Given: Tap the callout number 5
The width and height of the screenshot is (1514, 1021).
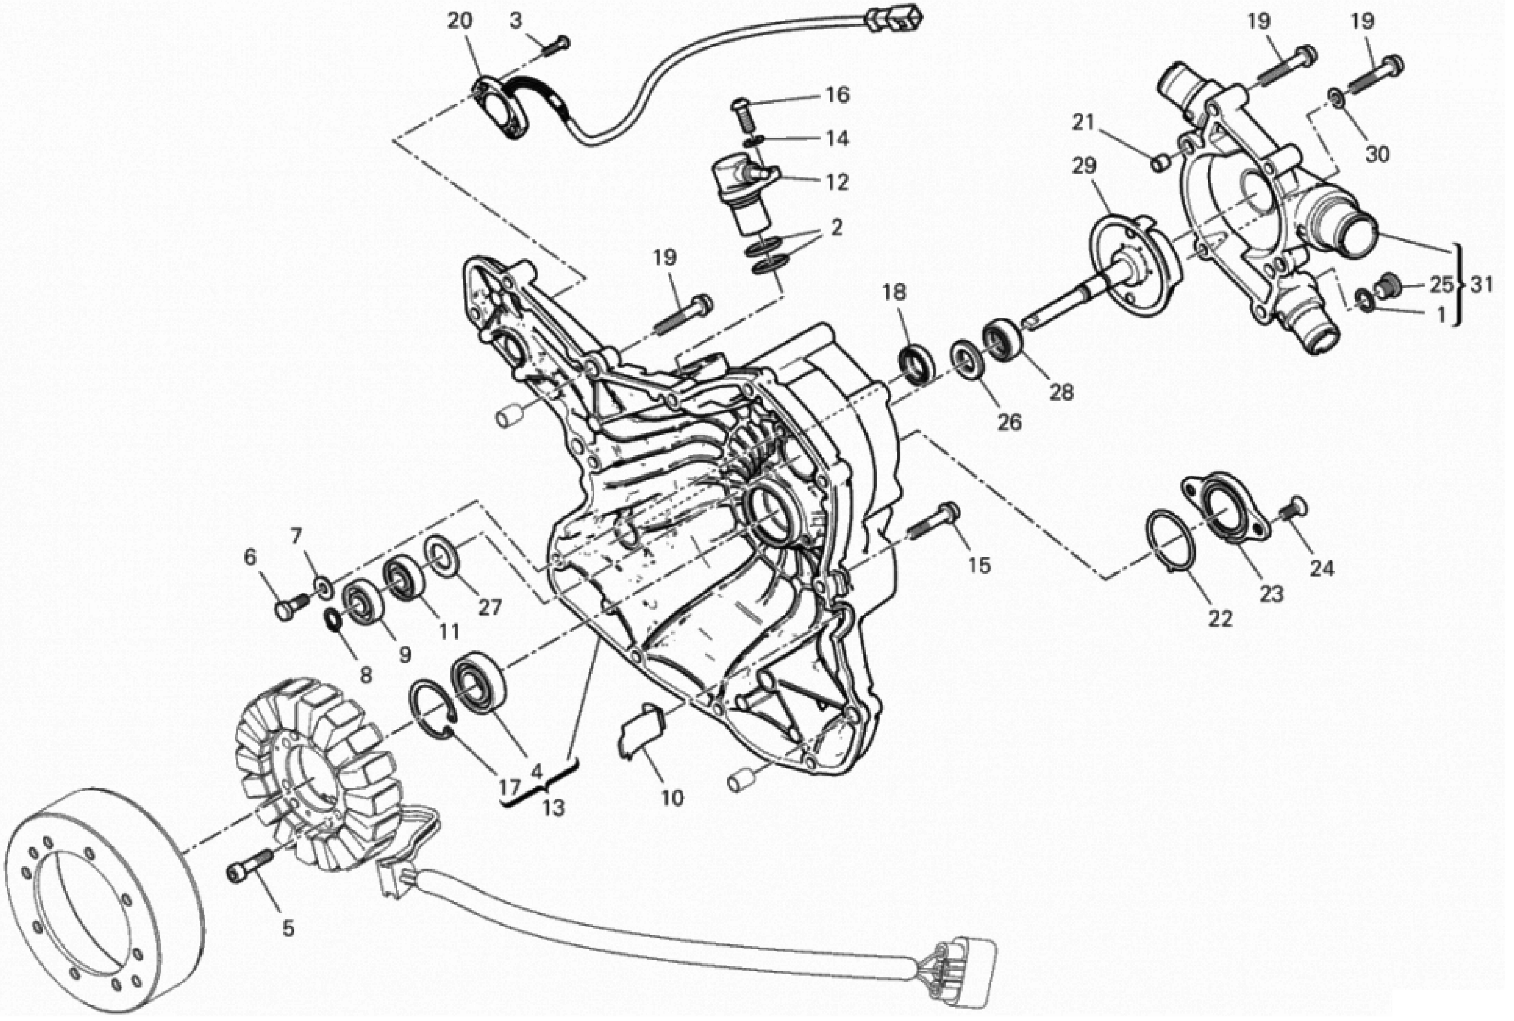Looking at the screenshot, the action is click(x=288, y=928).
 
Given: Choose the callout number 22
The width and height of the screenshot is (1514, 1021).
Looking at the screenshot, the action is click(x=1220, y=619).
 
